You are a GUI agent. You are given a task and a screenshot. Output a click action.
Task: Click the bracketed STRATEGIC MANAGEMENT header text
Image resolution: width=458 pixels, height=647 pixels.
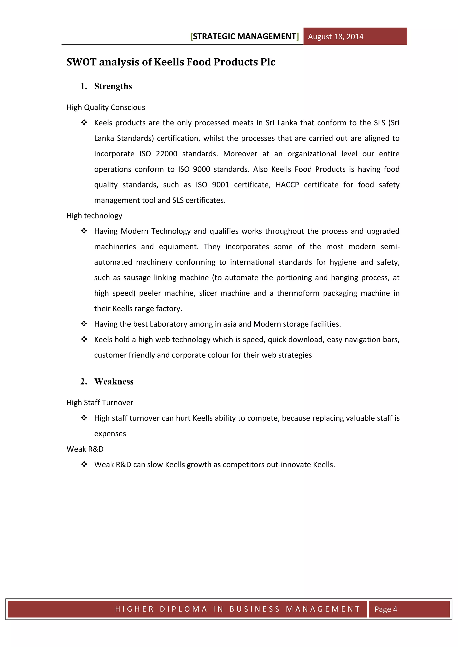(x=244, y=36)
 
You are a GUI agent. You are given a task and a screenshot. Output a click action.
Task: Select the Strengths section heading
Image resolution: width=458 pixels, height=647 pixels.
(x=113, y=86)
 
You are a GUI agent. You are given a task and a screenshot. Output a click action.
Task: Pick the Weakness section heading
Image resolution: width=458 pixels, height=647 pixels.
(x=114, y=382)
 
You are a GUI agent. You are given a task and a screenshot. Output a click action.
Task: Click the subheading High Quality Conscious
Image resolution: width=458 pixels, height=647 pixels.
(x=106, y=107)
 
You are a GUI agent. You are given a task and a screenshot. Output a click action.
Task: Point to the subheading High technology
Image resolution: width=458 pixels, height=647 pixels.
(x=94, y=216)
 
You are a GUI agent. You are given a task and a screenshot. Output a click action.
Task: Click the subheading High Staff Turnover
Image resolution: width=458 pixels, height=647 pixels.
(x=100, y=403)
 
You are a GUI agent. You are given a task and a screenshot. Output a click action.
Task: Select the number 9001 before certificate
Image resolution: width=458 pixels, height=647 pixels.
(x=220, y=185)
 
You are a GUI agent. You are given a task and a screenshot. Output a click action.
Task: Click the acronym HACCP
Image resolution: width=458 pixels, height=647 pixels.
(x=287, y=185)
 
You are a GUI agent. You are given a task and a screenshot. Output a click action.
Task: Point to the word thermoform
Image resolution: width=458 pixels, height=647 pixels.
(x=298, y=293)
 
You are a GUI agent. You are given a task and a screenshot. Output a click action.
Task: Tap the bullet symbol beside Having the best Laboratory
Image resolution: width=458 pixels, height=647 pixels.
(x=84, y=324)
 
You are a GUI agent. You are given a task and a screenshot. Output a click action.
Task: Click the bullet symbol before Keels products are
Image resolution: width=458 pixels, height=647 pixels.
(x=84, y=123)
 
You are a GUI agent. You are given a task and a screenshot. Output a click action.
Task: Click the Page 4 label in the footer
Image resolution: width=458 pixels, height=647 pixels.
(x=386, y=609)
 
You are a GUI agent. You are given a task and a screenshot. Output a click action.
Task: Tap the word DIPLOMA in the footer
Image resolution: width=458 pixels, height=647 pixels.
(x=183, y=609)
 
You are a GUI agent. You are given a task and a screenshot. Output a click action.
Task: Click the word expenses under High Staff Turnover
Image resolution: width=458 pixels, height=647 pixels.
(x=110, y=434)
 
